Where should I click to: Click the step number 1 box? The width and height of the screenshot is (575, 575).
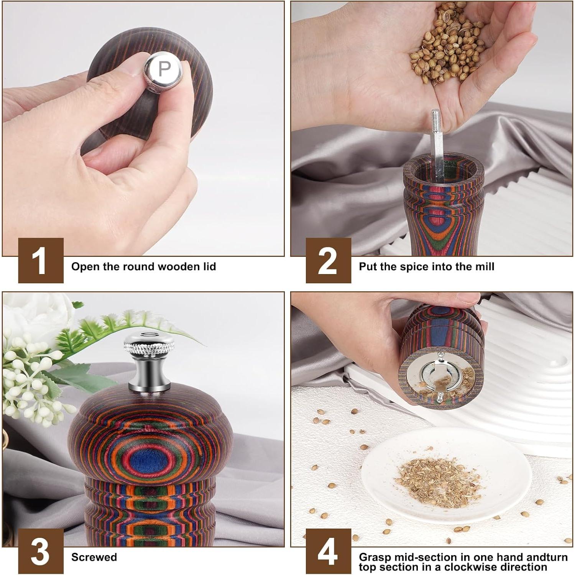[41, 260]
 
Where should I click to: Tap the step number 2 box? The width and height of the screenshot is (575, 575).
[328, 260]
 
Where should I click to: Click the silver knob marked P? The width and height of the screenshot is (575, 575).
[163, 69]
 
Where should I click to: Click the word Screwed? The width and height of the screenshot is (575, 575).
[94, 557]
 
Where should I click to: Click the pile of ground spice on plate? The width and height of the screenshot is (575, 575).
[439, 481]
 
